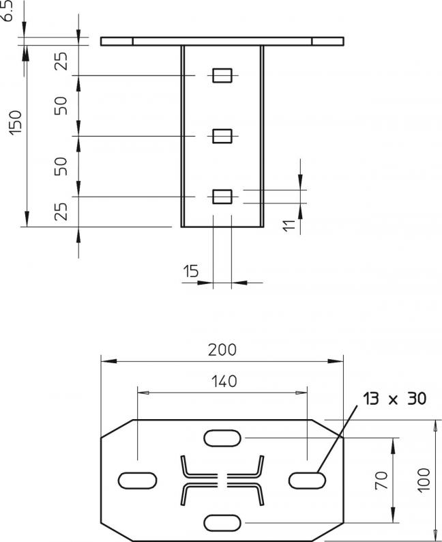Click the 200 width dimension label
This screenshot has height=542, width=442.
coord(222,350)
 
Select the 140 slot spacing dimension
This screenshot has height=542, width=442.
coord(224,382)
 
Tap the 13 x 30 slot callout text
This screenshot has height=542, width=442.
coord(394,399)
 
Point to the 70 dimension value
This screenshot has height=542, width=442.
coord(381,480)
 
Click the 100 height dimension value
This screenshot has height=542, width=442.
coord(424,480)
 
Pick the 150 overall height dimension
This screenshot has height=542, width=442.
coord(16,123)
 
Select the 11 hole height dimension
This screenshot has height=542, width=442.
coord(289,225)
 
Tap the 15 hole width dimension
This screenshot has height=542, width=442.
coord(191,271)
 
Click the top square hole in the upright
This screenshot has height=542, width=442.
coord(222,75)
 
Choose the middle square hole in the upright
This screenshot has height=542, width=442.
coord(222,136)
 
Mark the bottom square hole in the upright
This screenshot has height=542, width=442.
coord(222,197)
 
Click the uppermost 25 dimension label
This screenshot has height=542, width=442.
coord(61,61)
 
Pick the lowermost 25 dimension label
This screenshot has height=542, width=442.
coord(61,212)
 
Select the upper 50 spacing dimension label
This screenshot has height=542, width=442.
coord(61,106)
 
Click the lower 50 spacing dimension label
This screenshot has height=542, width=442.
coord(61,167)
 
